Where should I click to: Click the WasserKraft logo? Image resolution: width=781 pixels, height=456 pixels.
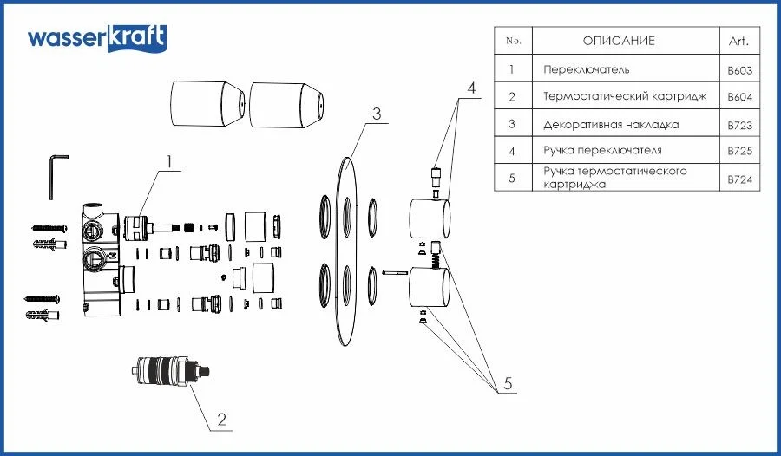96,38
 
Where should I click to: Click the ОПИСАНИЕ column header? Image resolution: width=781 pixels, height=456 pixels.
618,41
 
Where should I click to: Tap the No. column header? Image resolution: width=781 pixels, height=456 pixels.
513,41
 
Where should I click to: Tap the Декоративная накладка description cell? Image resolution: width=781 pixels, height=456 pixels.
611,124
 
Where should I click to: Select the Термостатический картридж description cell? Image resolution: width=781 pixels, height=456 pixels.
625,96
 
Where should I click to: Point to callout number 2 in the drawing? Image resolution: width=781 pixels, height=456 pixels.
222,420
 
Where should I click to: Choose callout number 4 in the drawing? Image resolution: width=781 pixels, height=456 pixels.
472,88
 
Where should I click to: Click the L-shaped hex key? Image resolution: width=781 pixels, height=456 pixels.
56,174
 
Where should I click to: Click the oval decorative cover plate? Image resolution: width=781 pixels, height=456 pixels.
345,251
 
